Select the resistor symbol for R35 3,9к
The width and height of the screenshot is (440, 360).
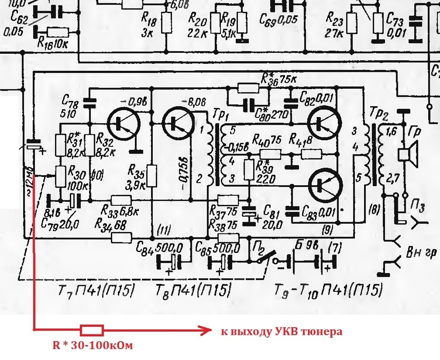pos(152,176)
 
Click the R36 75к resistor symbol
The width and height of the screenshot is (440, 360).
pos(247,87)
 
